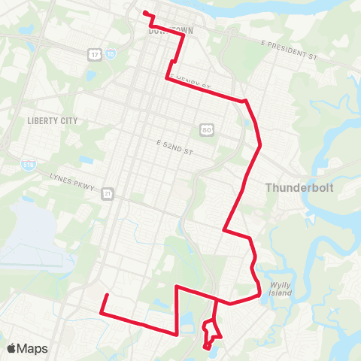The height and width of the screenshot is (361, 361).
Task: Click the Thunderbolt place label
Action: tap(299, 188)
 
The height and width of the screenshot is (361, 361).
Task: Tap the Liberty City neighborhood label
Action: tap(52, 120)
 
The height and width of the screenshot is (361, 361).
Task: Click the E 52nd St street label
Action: tap(174, 143)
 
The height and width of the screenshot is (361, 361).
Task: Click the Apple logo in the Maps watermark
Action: tap(12, 348)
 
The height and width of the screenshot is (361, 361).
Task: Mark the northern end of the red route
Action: tap(144, 12)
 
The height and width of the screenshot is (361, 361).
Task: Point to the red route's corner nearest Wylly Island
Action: tap(260, 294)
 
